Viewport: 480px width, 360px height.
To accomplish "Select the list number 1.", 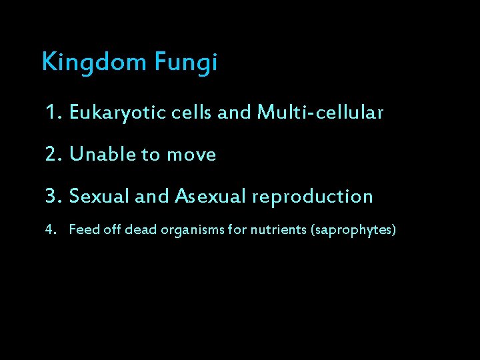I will (x=52, y=113).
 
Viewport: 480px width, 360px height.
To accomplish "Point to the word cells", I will (x=191, y=113).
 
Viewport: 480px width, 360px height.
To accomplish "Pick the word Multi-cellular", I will (x=319, y=113).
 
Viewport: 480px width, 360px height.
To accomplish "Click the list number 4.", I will (x=49, y=231).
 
